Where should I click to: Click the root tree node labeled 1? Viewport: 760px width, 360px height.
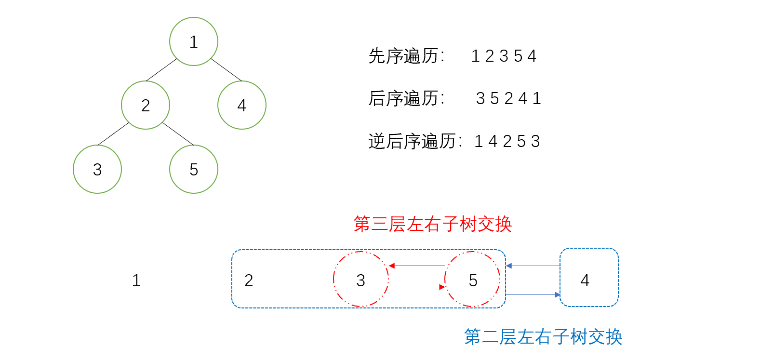point(193,41)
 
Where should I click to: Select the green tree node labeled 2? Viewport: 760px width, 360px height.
point(145,105)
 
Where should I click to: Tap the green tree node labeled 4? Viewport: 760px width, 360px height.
point(241,105)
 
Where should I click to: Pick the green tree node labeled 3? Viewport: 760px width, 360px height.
point(97,169)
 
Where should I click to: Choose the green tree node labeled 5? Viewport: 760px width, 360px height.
point(193,169)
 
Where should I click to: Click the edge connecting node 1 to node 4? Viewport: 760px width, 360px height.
point(226,69)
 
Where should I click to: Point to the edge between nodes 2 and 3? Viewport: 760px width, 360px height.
point(113,133)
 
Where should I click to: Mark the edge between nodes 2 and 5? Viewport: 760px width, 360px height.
point(178,133)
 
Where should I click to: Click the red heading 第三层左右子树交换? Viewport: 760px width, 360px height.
point(432,224)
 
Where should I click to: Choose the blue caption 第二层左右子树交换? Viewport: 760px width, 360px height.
point(543,337)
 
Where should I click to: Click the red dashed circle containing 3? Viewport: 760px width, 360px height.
point(361,279)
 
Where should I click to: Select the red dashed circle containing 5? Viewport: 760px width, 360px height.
point(472,279)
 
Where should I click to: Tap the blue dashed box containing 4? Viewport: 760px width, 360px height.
point(588,277)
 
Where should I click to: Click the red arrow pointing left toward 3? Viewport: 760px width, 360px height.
point(417,266)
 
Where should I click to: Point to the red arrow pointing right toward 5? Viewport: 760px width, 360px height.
point(417,287)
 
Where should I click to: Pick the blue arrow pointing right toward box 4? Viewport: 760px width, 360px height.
point(533,294)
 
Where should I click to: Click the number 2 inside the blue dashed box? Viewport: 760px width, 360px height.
point(249,280)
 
